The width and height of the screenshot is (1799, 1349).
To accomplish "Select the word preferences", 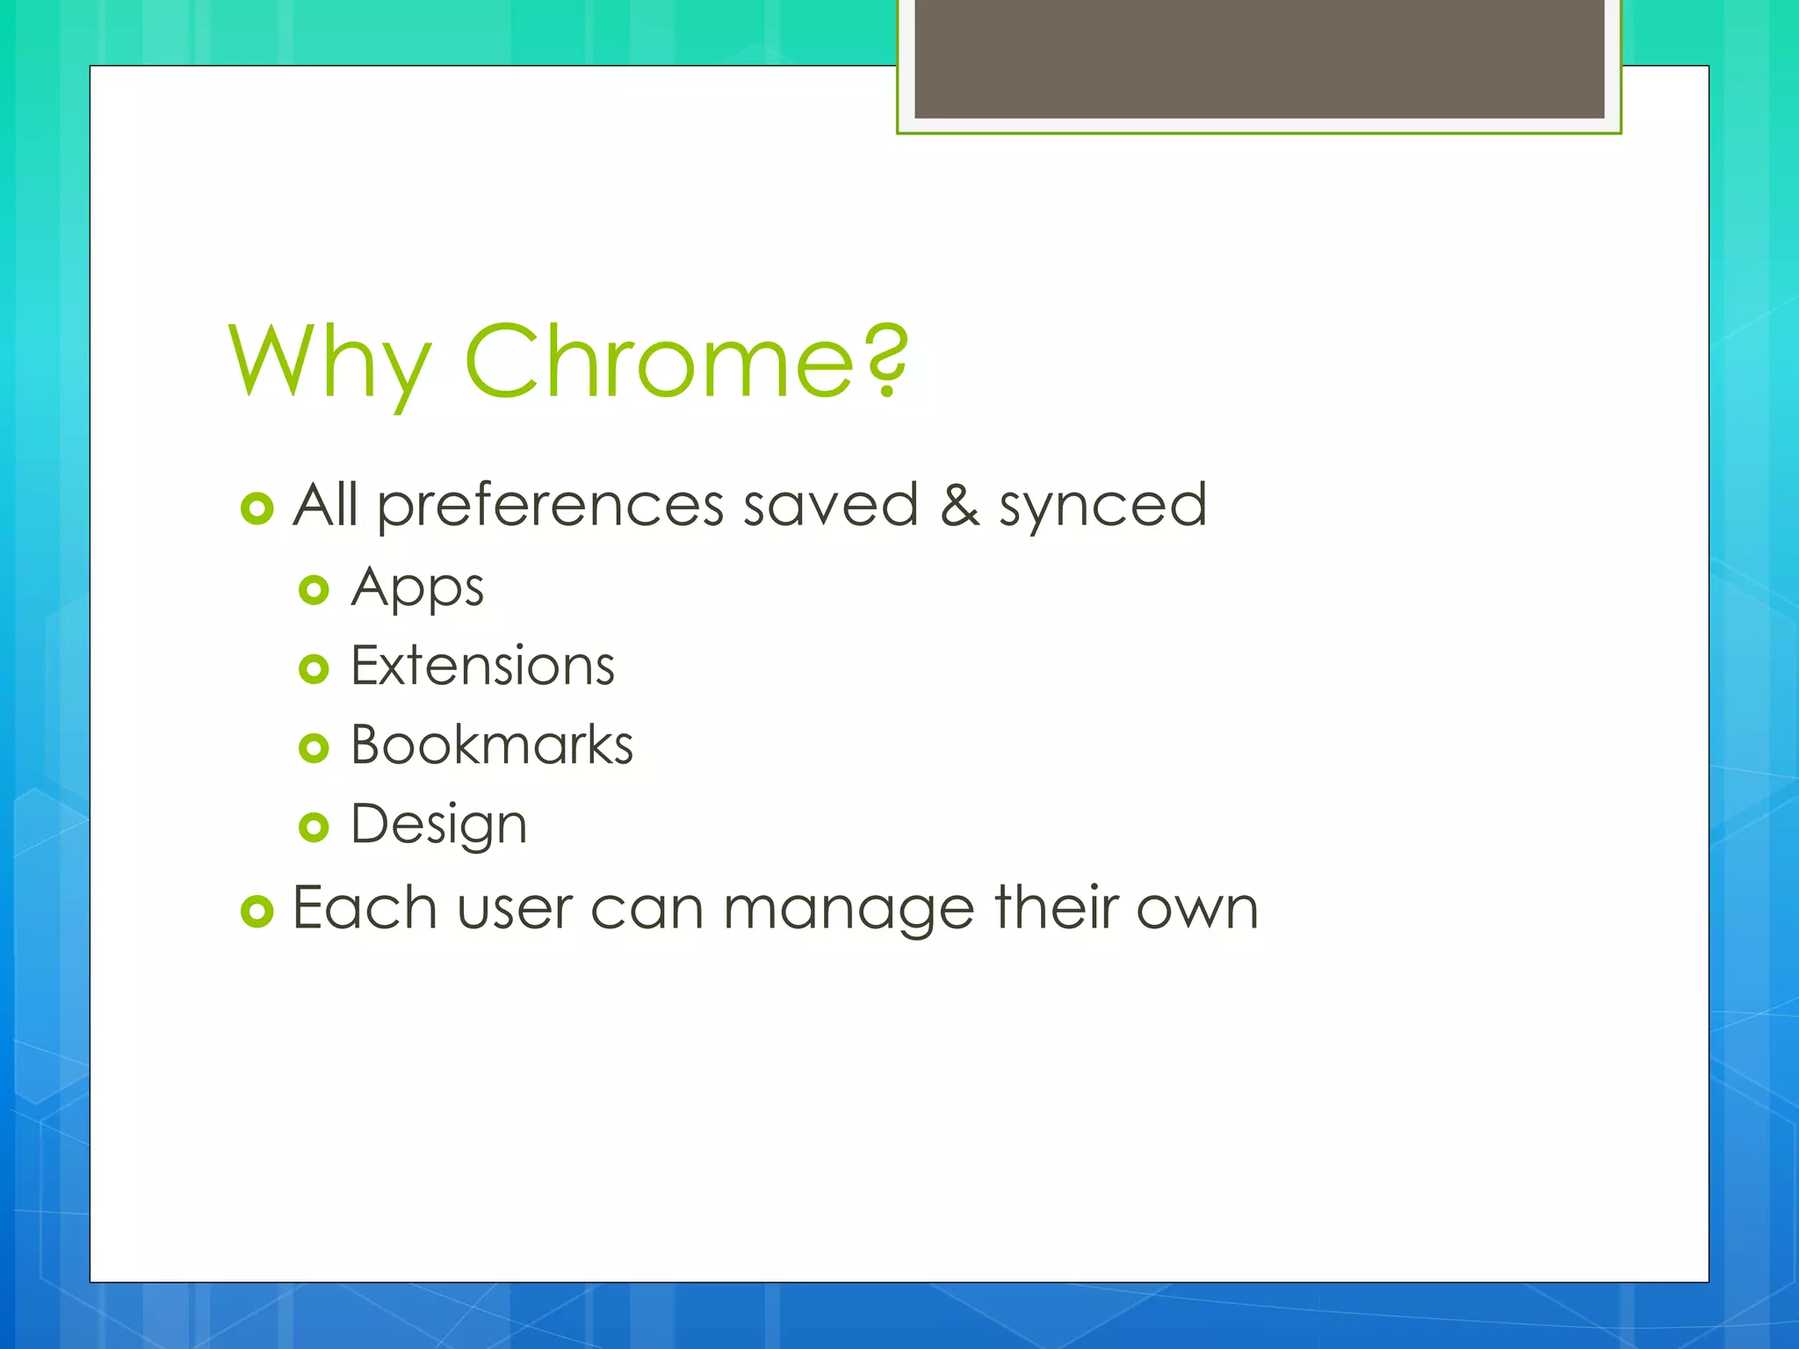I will (x=551, y=507).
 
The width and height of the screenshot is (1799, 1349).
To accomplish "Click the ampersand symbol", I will (x=959, y=506).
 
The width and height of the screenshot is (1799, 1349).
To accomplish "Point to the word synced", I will (x=1102, y=507).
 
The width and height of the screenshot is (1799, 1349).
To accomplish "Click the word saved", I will (x=830, y=506).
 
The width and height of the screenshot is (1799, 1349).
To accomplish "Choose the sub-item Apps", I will (x=417, y=588).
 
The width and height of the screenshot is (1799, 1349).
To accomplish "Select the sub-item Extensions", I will (x=482, y=666).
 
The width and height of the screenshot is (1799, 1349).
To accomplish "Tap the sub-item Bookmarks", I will (x=491, y=746).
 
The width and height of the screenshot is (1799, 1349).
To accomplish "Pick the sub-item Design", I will (x=438, y=825).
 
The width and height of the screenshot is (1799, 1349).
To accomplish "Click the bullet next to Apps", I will (x=314, y=589).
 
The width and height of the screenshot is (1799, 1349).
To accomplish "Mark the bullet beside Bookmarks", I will (x=314, y=748).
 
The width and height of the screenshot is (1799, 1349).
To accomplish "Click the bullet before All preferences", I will (x=256, y=509).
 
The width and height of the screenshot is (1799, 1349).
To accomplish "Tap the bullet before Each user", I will (x=256, y=912).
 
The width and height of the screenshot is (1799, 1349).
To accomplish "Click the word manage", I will (x=849, y=910).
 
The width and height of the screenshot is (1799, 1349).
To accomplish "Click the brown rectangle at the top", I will (x=1259, y=58).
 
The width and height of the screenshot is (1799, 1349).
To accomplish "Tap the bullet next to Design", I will (x=314, y=827).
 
